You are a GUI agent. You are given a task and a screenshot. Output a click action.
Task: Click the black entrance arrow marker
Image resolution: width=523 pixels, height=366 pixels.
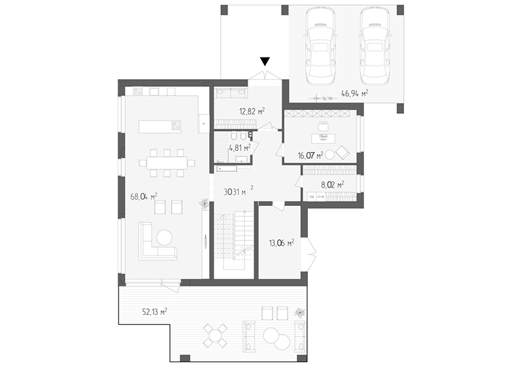click(x=265, y=61)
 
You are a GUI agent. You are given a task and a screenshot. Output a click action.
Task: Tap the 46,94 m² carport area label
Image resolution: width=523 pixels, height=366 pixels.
click(x=354, y=93)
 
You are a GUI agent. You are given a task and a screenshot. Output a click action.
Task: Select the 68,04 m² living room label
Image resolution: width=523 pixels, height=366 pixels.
click(x=144, y=197)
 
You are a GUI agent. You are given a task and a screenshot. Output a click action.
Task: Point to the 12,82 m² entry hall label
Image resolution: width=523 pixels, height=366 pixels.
click(x=252, y=111)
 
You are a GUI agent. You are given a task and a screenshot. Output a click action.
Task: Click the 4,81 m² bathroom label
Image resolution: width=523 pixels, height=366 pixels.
click(x=240, y=147)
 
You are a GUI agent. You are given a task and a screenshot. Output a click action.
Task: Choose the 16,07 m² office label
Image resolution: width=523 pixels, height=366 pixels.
click(x=311, y=156)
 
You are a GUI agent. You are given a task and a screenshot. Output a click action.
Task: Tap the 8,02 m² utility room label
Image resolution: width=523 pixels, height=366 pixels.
click(x=333, y=185)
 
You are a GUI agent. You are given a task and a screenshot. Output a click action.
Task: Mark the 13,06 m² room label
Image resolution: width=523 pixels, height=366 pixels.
click(x=282, y=243)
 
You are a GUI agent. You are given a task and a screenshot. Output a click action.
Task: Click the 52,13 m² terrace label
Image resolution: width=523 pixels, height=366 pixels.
click(x=155, y=312)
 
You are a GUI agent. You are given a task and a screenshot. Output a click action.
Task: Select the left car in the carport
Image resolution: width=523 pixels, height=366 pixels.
click(x=320, y=46)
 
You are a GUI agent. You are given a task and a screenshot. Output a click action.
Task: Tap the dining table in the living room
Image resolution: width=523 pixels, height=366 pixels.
click(x=167, y=163)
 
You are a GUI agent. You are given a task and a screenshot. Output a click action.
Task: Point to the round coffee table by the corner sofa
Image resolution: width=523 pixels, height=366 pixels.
click(x=165, y=238)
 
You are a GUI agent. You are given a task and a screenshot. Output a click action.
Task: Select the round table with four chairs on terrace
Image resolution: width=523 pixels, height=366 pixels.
click(x=216, y=335)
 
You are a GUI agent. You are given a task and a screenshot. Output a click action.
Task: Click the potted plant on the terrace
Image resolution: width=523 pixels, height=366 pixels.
click(x=299, y=313)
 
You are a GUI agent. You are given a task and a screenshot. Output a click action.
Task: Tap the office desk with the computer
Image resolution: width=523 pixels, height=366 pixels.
click(x=323, y=138)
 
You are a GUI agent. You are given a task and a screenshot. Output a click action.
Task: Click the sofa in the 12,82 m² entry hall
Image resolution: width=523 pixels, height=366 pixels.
click(x=231, y=93)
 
